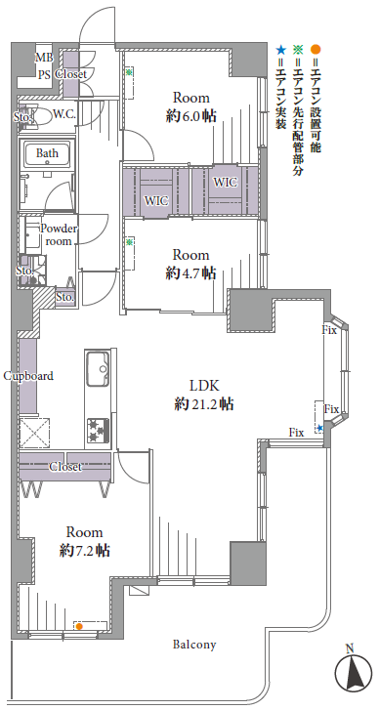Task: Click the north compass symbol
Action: click(x=353, y=672)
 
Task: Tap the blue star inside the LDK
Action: click(x=320, y=428)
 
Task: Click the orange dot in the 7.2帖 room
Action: click(x=79, y=627)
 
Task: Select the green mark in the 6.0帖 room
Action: click(x=130, y=72)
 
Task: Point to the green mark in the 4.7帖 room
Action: click(x=130, y=242)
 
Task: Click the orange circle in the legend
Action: click(x=316, y=49)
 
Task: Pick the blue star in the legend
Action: click(x=281, y=49)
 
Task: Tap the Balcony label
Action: click(x=194, y=645)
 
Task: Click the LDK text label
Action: click(x=204, y=386)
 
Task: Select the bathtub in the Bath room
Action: click(x=47, y=153)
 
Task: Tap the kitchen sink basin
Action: click(x=98, y=369)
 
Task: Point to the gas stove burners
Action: click(x=98, y=431)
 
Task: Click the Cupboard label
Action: click(x=28, y=376)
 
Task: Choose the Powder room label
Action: click(x=59, y=234)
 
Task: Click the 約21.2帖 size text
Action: click(x=204, y=404)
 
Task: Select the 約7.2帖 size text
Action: click(x=85, y=551)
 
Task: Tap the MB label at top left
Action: click(x=45, y=58)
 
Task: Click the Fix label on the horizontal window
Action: click(x=296, y=433)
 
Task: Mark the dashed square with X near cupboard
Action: click(x=34, y=433)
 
